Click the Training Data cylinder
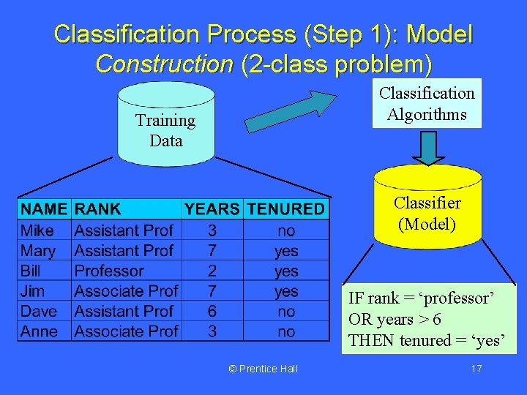pyautogui.click(x=166, y=129)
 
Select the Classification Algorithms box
pyautogui.click(x=427, y=103)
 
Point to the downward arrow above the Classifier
pyautogui.click(x=428, y=147)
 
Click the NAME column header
pyautogui.click(x=44, y=209)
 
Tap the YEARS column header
pyautogui.click(x=212, y=209)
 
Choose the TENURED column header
pyautogui.click(x=285, y=209)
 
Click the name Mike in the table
pyautogui.click(x=37, y=230)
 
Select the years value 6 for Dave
pyautogui.click(x=212, y=311)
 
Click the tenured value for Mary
pyautogui.click(x=286, y=251)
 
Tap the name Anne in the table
pyautogui.click(x=39, y=331)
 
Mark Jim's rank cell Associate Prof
pyautogui.click(x=126, y=291)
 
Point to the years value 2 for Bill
pyautogui.click(x=212, y=271)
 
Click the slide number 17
pyautogui.click(x=476, y=369)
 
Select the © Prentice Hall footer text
pyautogui.click(x=263, y=369)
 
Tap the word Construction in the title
pyautogui.click(x=164, y=64)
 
